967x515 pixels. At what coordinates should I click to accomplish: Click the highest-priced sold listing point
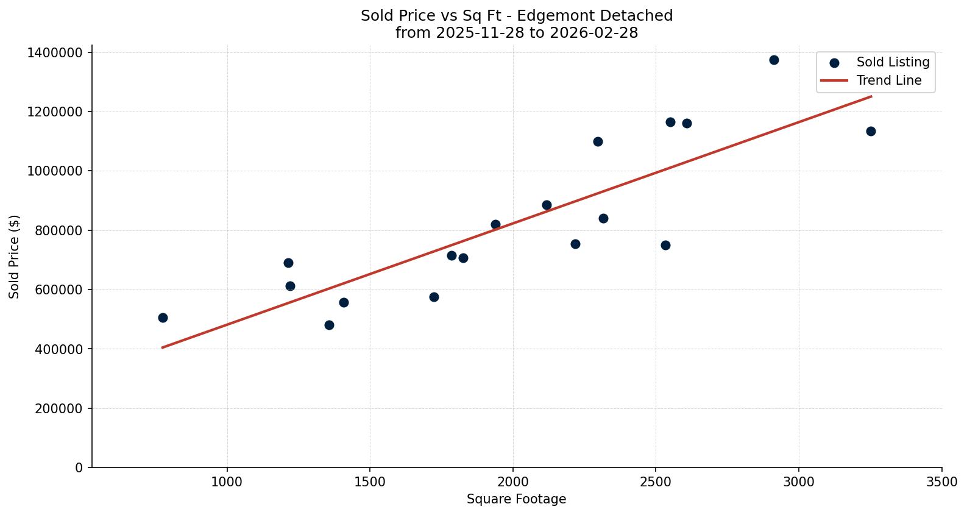point(774,60)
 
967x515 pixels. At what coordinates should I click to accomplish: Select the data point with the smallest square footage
point(163,318)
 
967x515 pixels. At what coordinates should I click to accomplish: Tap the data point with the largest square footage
point(871,131)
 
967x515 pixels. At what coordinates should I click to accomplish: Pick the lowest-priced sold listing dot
point(329,325)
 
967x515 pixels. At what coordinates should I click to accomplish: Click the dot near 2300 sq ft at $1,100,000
point(598,141)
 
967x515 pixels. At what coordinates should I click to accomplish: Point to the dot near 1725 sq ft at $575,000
point(434,297)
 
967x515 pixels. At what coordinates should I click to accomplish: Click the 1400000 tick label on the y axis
point(55,53)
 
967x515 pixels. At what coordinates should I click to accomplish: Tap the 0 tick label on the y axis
point(79,468)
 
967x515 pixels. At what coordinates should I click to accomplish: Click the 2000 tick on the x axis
point(512,482)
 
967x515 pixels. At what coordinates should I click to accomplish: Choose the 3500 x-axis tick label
point(941,482)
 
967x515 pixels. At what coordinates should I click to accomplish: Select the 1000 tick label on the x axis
point(227,482)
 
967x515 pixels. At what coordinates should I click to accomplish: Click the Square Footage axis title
point(516,500)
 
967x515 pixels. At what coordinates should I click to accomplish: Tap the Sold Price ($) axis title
point(15,257)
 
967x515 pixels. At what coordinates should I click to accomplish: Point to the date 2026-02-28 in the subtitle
point(593,33)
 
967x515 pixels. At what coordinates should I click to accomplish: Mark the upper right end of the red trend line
point(871,96)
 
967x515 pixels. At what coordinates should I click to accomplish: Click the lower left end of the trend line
point(162,347)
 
